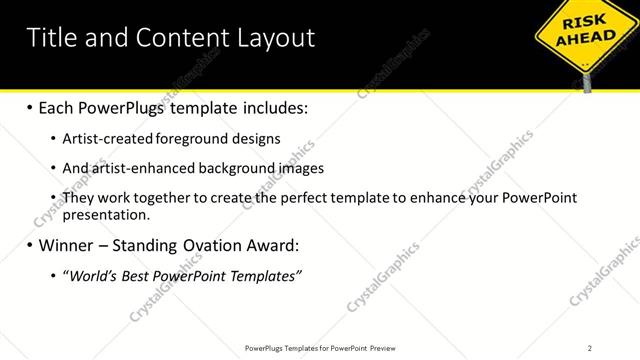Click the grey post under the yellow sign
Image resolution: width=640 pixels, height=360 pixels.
click(587, 81)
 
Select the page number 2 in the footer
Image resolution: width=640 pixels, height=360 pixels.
click(590, 347)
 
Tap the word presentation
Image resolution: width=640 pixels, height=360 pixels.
click(106, 214)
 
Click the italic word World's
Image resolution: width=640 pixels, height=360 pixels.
click(93, 275)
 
